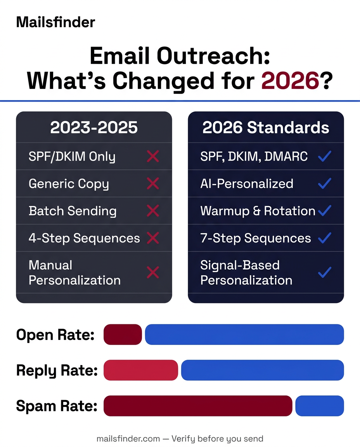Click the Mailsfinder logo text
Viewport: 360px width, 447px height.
(55, 22)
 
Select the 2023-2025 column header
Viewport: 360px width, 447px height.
(94, 128)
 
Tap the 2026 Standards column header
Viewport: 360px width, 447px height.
(266, 128)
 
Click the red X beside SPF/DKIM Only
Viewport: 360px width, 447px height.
(153, 156)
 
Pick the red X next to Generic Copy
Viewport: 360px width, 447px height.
(153, 184)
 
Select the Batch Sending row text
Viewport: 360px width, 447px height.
(73, 211)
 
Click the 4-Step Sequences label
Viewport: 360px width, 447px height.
(84, 238)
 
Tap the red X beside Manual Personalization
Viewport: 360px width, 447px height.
(153, 273)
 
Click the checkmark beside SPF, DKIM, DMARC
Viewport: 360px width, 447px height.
(324, 156)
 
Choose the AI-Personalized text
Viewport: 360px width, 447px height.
(247, 184)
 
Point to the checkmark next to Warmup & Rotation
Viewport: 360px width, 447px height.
(324, 211)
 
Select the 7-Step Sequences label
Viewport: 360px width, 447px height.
(256, 238)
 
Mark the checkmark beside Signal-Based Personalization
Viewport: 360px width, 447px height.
(324, 273)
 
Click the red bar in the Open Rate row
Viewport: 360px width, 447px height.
(123, 334)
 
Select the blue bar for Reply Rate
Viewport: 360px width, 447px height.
(262, 370)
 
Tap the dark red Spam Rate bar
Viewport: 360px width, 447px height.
(198, 406)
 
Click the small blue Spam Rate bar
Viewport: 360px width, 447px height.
(319, 406)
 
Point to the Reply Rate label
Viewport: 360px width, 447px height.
(57, 371)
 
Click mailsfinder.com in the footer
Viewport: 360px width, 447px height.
(128, 439)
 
